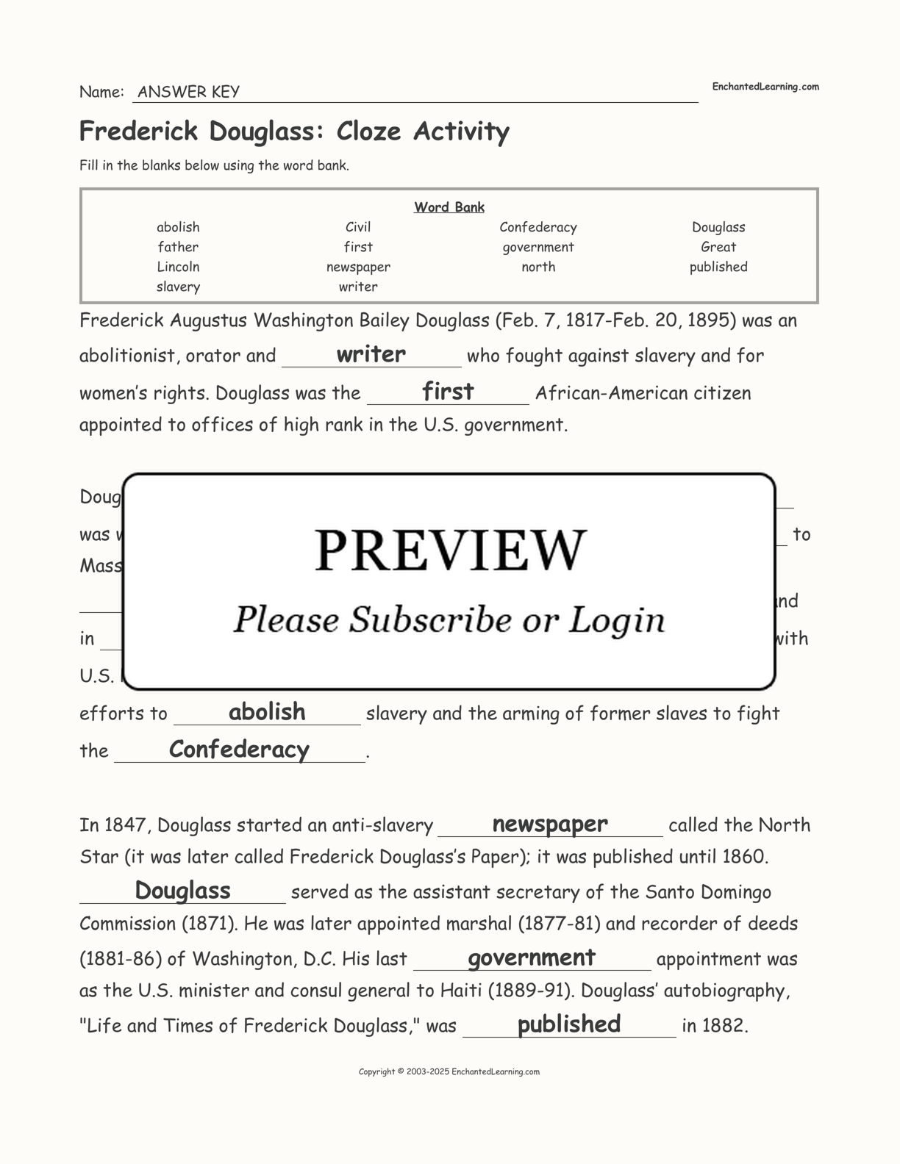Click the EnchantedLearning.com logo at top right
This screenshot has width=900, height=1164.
(765, 87)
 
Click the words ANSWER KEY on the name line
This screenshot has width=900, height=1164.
(188, 92)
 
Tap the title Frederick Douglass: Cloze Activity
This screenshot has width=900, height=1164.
(294, 131)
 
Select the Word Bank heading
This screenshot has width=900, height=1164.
(449, 207)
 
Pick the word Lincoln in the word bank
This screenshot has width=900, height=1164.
(178, 267)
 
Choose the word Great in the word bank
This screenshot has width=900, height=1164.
(718, 247)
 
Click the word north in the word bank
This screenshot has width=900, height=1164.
(538, 267)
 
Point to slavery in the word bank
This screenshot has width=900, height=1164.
(178, 287)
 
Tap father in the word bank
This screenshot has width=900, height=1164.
(178, 247)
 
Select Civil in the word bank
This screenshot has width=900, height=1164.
(358, 227)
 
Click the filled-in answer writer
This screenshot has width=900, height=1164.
(371, 354)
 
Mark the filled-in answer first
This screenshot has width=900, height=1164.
(448, 391)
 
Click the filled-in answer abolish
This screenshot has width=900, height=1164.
(267, 711)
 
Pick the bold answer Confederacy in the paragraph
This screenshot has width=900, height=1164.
(239, 749)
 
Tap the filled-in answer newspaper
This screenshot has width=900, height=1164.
(550, 824)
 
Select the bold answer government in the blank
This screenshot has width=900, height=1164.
(532, 958)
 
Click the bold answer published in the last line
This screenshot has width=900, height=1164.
(569, 1024)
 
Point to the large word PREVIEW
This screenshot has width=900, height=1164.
(450, 550)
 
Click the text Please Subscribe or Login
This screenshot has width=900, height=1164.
(449, 619)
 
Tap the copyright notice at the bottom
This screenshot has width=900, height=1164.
(449, 1071)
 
